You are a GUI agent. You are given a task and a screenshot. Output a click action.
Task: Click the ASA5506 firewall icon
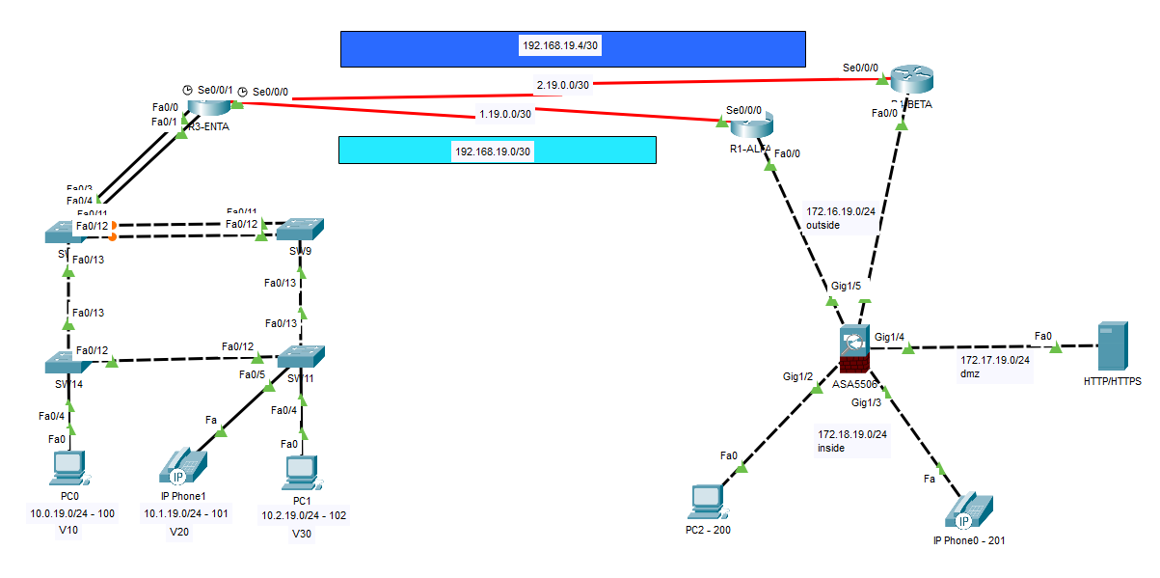coord(853,349)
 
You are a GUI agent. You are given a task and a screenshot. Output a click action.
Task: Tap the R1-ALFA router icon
coord(752,124)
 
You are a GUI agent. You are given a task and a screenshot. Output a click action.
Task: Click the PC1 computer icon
coord(302,470)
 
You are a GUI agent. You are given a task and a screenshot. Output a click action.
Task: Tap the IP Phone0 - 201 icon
coord(969,509)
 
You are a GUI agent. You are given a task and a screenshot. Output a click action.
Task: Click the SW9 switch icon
coord(300,231)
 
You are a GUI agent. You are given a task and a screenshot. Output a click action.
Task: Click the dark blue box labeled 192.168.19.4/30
coord(573,48)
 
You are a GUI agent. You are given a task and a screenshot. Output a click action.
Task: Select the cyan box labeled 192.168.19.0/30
coord(497,150)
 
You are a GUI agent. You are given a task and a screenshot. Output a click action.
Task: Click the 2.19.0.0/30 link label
coord(563,85)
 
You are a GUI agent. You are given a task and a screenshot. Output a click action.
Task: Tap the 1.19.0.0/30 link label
coord(505,114)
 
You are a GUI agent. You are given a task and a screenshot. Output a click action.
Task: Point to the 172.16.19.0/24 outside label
coord(839,217)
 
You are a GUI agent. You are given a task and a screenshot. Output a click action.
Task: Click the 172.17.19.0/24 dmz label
coord(995,367)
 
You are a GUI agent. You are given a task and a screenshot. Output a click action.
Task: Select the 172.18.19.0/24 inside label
coord(851,441)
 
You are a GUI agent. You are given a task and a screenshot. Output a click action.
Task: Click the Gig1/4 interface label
coord(889,337)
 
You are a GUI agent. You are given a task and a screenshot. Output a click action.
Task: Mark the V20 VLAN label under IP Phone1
coord(179,533)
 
